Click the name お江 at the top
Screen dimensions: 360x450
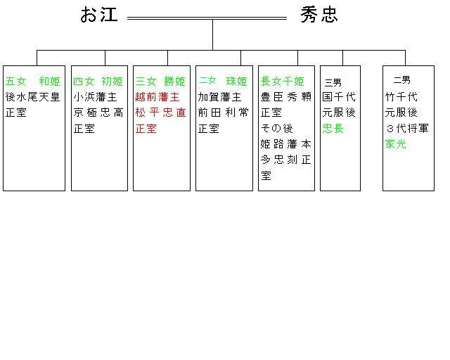pyautogui.click(x=99, y=15)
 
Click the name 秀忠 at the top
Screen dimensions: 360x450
pyautogui.click(x=319, y=15)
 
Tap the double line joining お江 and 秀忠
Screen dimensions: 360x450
pyautogui.click(x=207, y=18)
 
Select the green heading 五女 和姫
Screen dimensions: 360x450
pyautogui.click(x=33, y=81)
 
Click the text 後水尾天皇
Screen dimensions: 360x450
pyautogui.click(x=33, y=97)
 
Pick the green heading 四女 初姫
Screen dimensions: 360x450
pyautogui.click(x=98, y=81)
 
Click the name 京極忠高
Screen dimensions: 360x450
pyautogui.click(x=98, y=112)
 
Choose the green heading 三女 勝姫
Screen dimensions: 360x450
pyautogui.click(x=160, y=81)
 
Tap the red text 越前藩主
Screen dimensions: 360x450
pyautogui.click(x=157, y=97)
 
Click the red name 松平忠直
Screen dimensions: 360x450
pyautogui.click(x=160, y=112)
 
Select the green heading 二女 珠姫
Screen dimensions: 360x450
pyautogui.click(x=223, y=81)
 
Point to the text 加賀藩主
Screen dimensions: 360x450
pyautogui.click(x=219, y=97)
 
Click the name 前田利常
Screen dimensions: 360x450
pyautogui.click(x=223, y=112)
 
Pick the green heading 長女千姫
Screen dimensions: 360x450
pyautogui.click(x=283, y=81)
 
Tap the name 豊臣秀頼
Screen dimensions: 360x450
pyautogui.click(x=285, y=97)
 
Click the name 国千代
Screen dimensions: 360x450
pyautogui.click(x=339, y=97)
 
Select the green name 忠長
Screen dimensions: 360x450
pyautogui.click(x=333, y=129)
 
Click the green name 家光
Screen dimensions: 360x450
pyautogui.click(x=395, y=144)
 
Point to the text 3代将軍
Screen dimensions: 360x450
pyautogui.click(x=406, y=129)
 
